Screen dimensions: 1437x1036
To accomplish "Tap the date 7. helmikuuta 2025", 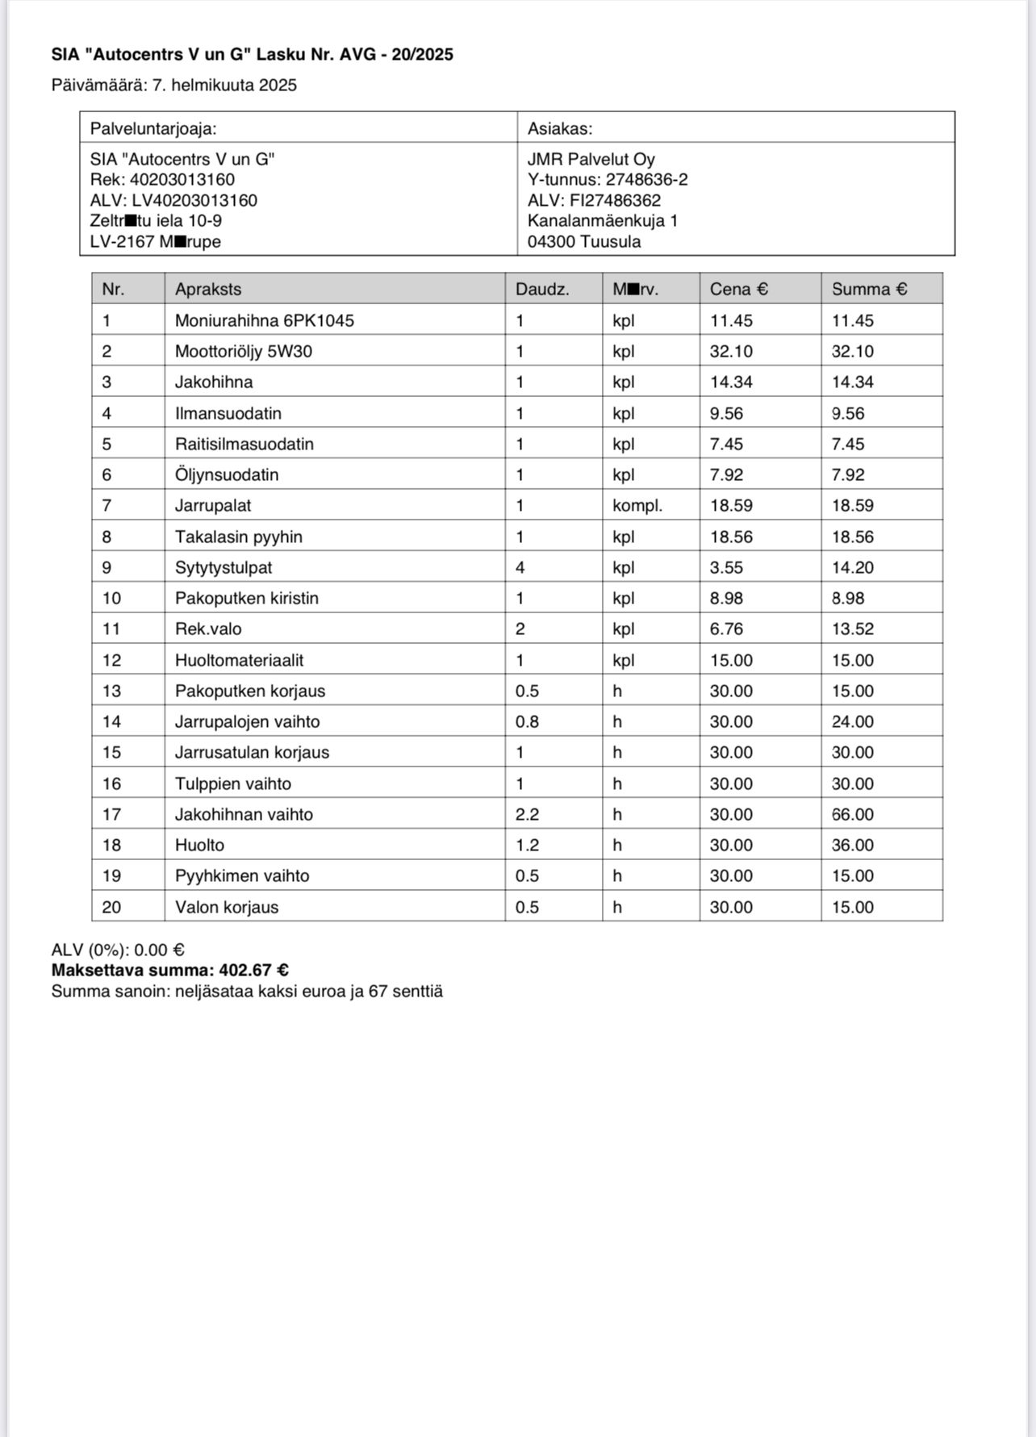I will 224,86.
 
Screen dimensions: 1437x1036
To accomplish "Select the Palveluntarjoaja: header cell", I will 153,128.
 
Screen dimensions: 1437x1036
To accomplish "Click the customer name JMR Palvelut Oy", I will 591,160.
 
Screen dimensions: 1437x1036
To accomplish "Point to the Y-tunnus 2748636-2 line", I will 608,180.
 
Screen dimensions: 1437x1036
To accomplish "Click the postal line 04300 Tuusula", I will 584,242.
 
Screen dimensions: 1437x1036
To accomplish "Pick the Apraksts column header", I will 208,289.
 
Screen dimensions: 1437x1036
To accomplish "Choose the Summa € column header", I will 869,289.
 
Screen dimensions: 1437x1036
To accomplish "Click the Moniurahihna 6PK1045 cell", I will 265,320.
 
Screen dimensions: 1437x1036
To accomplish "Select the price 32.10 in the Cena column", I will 731,352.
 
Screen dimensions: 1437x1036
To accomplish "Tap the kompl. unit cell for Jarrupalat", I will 637,506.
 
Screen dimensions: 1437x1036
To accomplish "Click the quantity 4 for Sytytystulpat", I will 520,568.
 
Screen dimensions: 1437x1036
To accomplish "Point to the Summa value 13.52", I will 853,629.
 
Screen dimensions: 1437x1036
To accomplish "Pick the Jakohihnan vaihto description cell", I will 244,815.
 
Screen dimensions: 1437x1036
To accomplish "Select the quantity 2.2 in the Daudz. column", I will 527,815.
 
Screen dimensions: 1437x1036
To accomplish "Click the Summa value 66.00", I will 853,815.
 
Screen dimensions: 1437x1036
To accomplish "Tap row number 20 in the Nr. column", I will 111,908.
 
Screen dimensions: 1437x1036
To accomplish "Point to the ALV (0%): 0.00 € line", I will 118,950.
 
